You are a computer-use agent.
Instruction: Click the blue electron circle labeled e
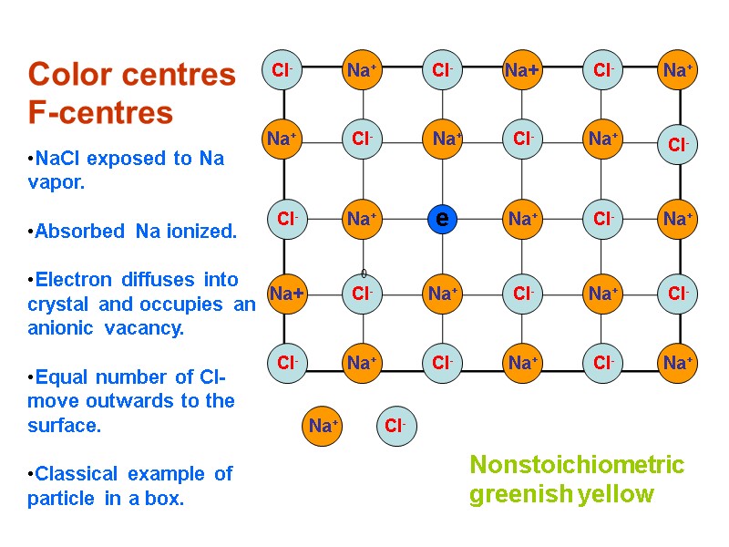coord(442,219)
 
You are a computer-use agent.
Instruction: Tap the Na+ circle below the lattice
coord(323,426)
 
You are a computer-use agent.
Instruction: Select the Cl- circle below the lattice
coord(395,426)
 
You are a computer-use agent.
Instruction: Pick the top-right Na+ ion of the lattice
coord(677,70)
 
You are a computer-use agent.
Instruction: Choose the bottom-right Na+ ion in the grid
coord(676,363)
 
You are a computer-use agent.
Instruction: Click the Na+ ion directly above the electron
coord(444,139)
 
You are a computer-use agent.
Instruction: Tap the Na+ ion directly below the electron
coord(443,294)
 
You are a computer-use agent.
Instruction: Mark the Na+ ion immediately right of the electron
coord(523,219)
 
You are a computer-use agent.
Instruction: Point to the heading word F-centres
coord(100,113)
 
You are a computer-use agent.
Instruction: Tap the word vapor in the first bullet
coord(56,182)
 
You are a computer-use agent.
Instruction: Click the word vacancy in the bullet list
coord(145,328)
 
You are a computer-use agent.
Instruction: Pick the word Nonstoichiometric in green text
coord(577,465)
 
